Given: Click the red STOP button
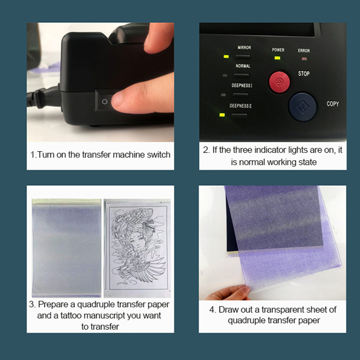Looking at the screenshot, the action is (279, 82).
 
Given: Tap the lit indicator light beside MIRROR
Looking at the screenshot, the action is (226, 57).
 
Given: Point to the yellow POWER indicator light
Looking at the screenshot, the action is (277, 58).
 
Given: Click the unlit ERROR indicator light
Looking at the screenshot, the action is (304, 59).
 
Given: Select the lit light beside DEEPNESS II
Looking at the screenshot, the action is (222, 115).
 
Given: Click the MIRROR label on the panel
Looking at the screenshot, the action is (244, 48).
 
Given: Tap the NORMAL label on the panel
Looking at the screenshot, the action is (243, 66).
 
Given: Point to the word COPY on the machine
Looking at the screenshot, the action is (333, 104).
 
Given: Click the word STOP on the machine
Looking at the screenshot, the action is (304, 73).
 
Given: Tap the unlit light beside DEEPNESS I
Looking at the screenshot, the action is (223, 94).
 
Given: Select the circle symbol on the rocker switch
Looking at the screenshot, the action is (105, 102).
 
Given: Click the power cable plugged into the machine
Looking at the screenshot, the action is (44, 98).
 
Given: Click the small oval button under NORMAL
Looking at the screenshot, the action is (242, 75).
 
